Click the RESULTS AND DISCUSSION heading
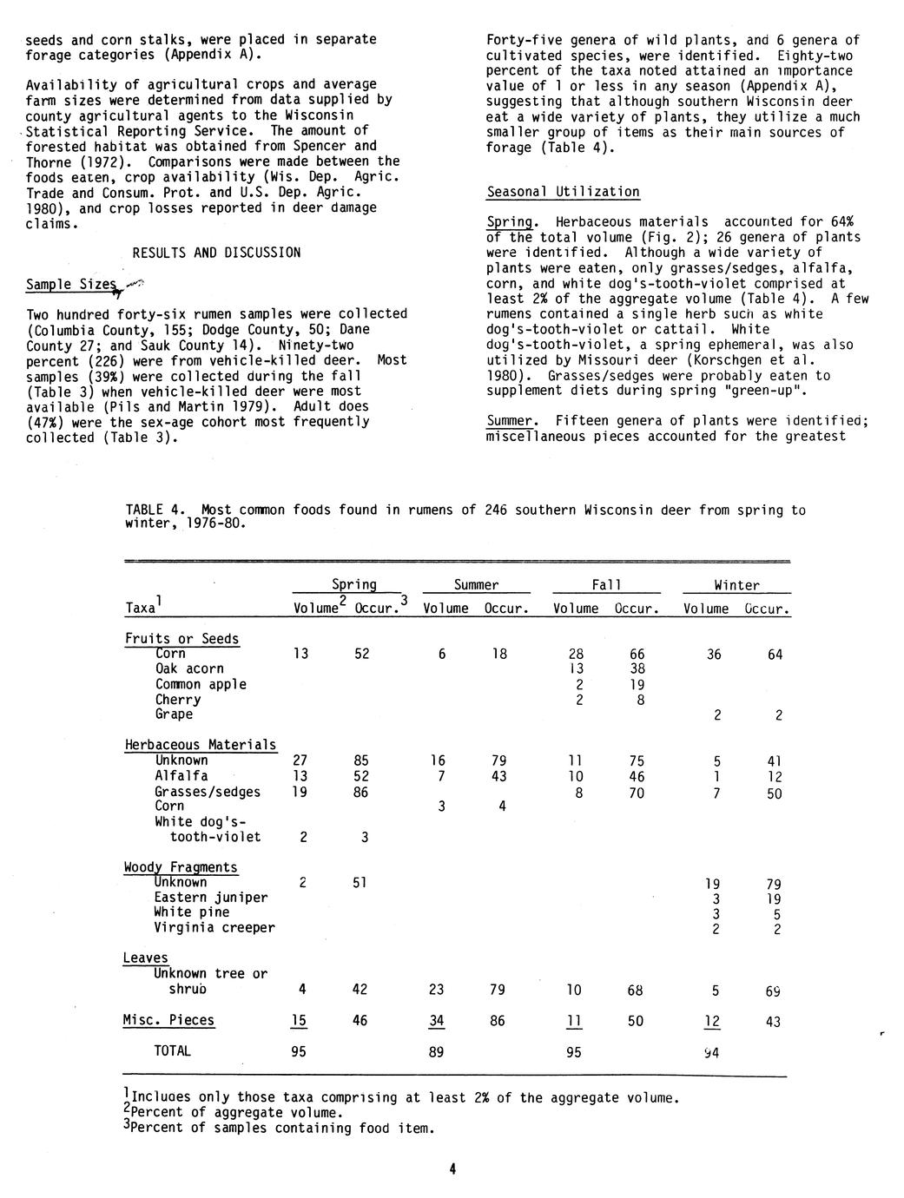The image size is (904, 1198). [x=216, y=253]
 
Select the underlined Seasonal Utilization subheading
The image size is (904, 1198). [x=563, y=192]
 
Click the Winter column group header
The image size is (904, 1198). [x=736, y=585]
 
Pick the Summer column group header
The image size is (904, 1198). [x=476, y=585]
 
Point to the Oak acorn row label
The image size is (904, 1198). [x=189, y=668]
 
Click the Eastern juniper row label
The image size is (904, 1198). [x=211, y=898]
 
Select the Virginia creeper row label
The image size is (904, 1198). [x=214, y=927]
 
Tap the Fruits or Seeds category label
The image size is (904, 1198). [x=181, y=639]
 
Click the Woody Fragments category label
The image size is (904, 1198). [x=181, y=867]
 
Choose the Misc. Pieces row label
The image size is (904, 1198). [x=168, y=1020]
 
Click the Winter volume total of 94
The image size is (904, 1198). [x=713, y=1052]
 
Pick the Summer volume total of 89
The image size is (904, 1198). [x=436, y=1051]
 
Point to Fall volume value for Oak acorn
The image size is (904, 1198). [x=576, y=668]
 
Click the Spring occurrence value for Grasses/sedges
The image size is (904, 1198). [x=361, y=792]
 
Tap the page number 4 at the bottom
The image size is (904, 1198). [x=452, y=1169]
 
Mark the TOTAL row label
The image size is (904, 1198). [x=172, y=1051]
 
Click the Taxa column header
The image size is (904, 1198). [x=142, y=609]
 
